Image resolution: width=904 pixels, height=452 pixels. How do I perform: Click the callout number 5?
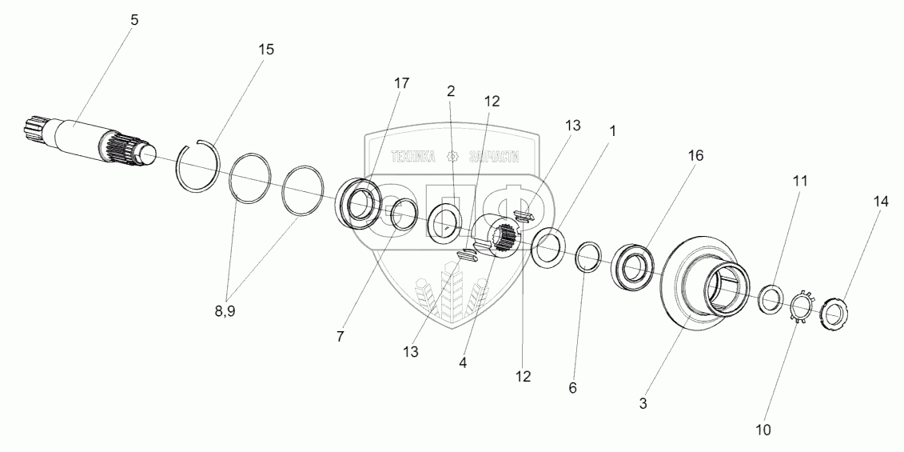point(133,20)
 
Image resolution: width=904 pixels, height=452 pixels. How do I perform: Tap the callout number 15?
point(265,50)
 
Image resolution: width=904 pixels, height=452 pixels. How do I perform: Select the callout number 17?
point(401,83)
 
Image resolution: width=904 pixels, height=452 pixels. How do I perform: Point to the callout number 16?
point(695,156)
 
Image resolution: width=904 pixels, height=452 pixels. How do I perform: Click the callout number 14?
point(881,203)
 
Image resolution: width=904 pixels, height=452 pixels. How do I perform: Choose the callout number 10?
point(763,430)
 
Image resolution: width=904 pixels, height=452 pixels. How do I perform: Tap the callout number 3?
point(643,404)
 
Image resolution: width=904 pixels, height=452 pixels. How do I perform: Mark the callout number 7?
point(340,337)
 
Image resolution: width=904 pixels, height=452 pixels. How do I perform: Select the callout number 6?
point(573,388)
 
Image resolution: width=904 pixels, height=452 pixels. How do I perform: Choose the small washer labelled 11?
point(771,299)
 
